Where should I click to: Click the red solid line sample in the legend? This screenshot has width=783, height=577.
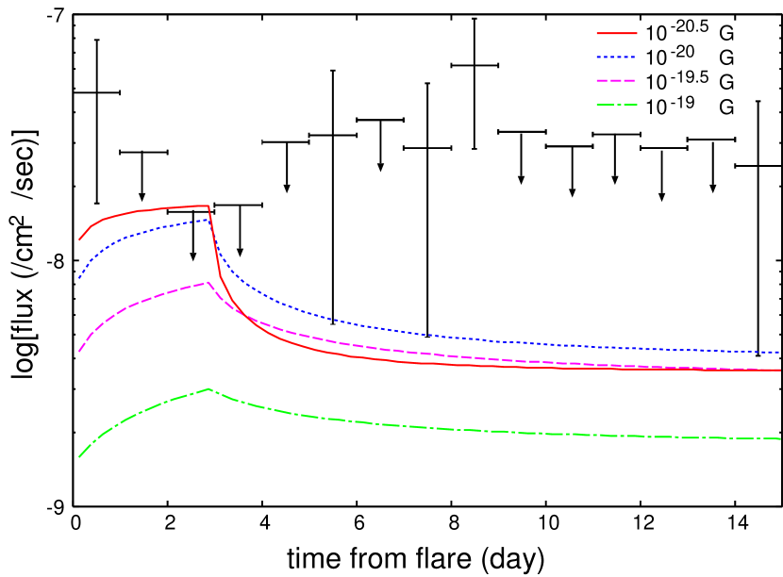(617, 33)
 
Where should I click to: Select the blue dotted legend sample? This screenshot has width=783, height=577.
(617, 57)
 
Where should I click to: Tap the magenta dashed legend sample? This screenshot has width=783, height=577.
(617, 80)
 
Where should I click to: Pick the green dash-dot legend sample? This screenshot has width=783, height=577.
(617, 104)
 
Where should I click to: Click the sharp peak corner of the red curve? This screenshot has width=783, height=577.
(208, 206)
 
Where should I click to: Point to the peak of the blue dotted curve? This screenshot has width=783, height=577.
(207, 220)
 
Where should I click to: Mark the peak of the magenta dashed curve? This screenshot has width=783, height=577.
(208, 282)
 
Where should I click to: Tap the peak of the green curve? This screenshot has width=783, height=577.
(208, 388)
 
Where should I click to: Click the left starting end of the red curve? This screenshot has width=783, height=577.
(79, 239)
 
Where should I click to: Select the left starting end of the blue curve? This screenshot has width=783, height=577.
(79, 278)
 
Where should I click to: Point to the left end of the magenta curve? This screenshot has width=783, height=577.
(79, 352)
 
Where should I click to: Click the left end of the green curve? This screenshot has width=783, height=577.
(79, 457)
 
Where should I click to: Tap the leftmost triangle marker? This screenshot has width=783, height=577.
(142, 197)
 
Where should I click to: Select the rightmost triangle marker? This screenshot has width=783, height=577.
(713, 189)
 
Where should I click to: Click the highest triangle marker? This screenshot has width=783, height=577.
(380, 168)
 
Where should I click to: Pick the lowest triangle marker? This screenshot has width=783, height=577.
(193, 257)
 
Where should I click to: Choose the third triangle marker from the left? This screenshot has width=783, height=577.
(240, 253)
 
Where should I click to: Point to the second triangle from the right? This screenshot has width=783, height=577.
(661, 197)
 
